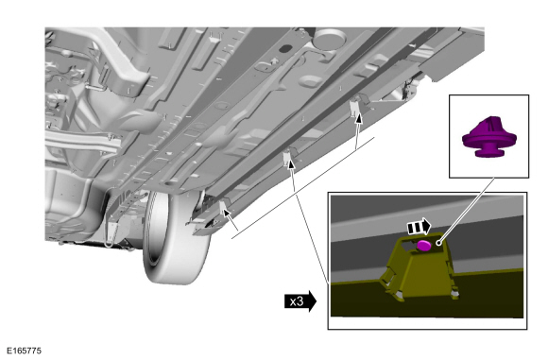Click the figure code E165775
pyautogui.click(x=24, y=351)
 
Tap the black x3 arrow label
pyautogui.click(x=300, y=300)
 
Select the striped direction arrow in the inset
pyautogui.click(x=420, y=227)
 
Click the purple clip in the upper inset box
pyautogui.click(x=488, y=137)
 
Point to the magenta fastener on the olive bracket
pyautogui.click(x=424, y=246)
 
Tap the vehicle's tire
pyautogui.click(x=175, y=238)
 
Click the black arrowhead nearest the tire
pyautogui.click(x=226, y=212)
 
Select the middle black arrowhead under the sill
pyautogui.click(x=291, y=163)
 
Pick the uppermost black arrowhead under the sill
pyautogui.click(x=358, y=118)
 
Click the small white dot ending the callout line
pyautogui.click(x=438, y=242)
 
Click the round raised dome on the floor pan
pyautogui.click(x=330, y=39)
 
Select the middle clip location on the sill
pyautogui.click(x=288, y=156)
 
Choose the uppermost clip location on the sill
pyautogui.click(x=355, y=106)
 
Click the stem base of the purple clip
pyautogui.click(x=488, y=151)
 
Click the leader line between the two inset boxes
pyautogui.click(x=467, y=210)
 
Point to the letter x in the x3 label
pyautogui.click(x=293, y=301)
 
